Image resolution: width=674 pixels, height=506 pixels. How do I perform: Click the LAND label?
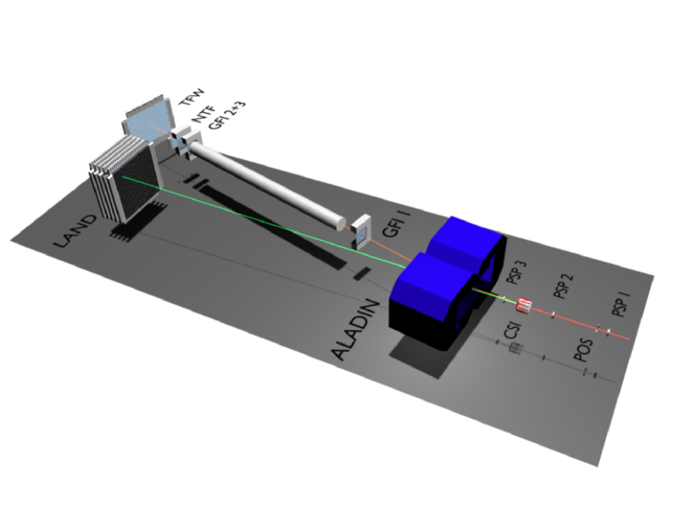pyautogui.click(x=75, y=231)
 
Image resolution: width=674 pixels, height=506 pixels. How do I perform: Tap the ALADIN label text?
pyautogui.click(x=356, y=331)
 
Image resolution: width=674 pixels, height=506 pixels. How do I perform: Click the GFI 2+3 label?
pyautogui.click(x=223, y=115)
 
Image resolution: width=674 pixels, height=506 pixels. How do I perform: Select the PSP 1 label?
pyautogui.click(x=621, y=305)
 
